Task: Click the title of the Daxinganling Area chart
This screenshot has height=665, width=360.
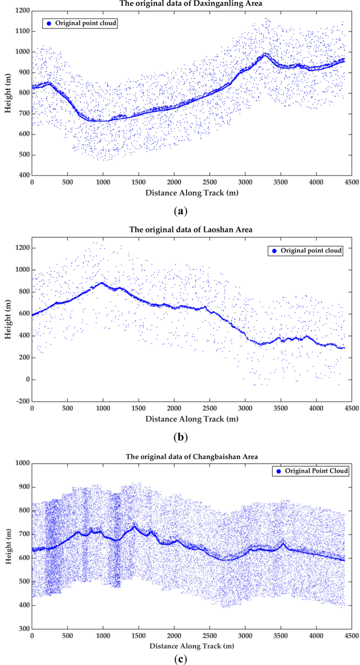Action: (191, 4)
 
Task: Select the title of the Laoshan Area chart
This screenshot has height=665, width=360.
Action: (191, 231)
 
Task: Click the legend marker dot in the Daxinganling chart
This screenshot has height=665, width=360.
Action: (49, 24)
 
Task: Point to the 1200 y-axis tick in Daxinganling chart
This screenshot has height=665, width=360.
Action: (20, 11)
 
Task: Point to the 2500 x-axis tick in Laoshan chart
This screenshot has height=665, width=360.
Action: (209, 408)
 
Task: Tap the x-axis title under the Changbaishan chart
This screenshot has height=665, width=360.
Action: (191, 645)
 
